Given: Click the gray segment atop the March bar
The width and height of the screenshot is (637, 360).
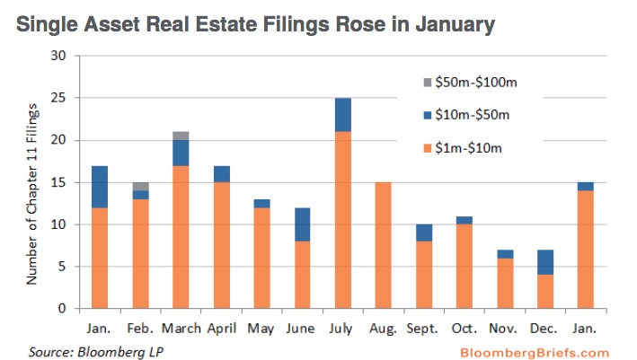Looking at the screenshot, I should [x=181, y=136].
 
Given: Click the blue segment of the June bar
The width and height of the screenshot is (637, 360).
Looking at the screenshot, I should [x=303, y=224].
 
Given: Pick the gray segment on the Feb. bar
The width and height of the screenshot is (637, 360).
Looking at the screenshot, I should [x=139, y=186].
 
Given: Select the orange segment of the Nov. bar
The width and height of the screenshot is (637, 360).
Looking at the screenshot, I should [x=507, y=283].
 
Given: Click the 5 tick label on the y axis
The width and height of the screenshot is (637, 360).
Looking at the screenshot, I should [x=64, y=267].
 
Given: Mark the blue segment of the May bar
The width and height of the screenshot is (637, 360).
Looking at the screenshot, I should [x=262, y=203].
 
